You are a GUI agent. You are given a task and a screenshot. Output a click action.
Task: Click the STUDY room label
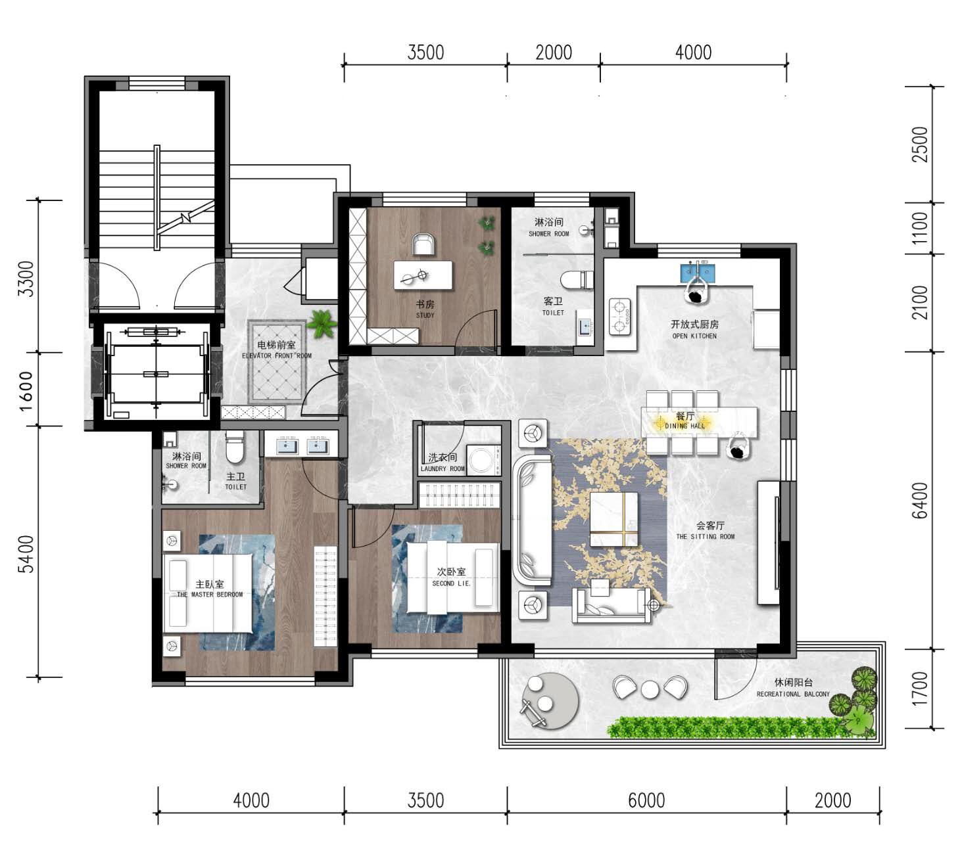pyautogui.click(x=425, y=315)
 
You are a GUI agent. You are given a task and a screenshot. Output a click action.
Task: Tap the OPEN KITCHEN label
pyautogui.click(x=694, y=336)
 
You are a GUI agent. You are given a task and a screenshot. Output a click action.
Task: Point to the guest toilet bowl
pyautogui.click(x=577, y=279)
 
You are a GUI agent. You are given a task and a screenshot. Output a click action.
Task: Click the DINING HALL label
pyautogui.click(x=684, y=426)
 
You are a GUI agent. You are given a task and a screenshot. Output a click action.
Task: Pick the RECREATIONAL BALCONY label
pyautogui.click(x=793, y=694)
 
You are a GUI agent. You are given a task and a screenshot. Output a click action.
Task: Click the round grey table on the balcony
pyautogui.click(x=550, y=701)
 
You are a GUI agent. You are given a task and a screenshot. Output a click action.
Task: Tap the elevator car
pyautogui.click(x=156, y=374)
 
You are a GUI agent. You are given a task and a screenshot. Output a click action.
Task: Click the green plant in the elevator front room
pyautogui.click(x=322, y=324)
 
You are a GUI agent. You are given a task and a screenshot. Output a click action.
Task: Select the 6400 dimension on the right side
pyautogui.click(x=919, y=500)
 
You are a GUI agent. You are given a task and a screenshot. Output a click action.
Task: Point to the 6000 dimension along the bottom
pyautogui.click(x=646, y=800)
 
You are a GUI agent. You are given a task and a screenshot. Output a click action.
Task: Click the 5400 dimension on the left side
pyautogui.click(x=26, y=554)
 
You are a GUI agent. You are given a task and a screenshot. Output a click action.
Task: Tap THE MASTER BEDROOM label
pyautogui.click(x=210, y=595)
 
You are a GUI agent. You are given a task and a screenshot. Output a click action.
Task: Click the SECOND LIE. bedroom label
pyautogui.click(x=451, y=583)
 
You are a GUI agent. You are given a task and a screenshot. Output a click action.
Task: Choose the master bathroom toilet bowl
pyautogui.click(x=235, y=447)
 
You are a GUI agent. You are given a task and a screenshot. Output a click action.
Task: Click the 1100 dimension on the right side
pyautogui.click(x=919, y=228)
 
